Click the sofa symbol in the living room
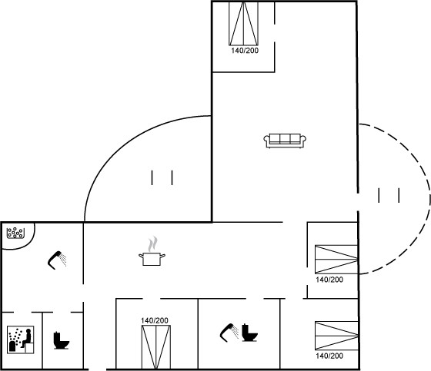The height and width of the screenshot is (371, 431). [x=285, y=141]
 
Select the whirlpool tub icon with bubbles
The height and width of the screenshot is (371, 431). [x=15, y=233]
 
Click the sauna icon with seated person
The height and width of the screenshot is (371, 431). [x=20, y=340]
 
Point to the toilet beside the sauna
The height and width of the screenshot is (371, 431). [x=61, y=340]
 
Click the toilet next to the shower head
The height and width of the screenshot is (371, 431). [x=249, y=333]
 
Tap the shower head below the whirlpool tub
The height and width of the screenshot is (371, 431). [x=57, y=260]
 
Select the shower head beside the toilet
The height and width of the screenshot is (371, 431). [x=229, y=333]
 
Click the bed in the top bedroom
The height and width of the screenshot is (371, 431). [x=243, y=24]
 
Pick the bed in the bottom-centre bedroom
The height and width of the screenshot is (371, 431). [x=156, y=347]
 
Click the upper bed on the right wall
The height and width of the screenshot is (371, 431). [x=336, y=260]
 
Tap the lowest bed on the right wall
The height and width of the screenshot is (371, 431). [x=336, y=336]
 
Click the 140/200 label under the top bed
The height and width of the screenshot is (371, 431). [x=245, y=51]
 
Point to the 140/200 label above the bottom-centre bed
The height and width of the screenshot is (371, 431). [x=155, y=320]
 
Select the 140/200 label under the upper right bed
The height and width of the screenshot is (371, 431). [x=329, y=280]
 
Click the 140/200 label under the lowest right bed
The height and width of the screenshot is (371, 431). [x=329, y=356]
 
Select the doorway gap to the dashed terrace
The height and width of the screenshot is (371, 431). [x=358, y=202]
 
